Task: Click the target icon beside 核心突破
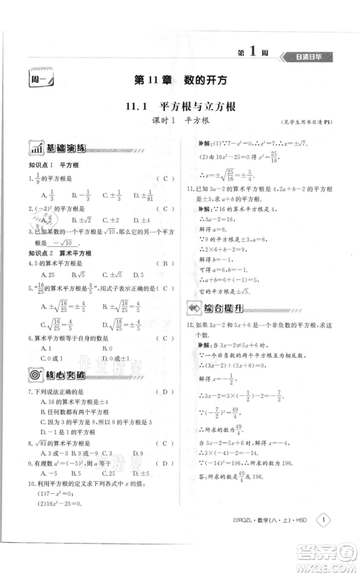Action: click(35, 374)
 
